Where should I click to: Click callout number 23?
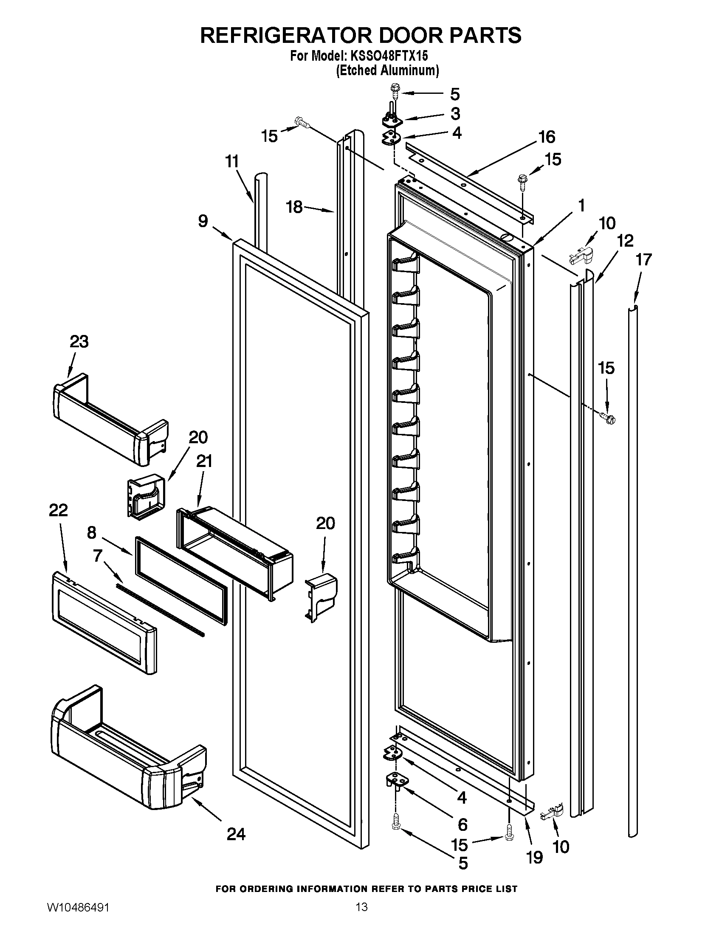click(79, 342)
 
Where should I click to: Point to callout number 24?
click(236, 833)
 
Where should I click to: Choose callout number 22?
click(58, 510)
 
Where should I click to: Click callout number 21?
click(204, 461)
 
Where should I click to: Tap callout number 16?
click(547, 137)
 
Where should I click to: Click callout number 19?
click(535, 857)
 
